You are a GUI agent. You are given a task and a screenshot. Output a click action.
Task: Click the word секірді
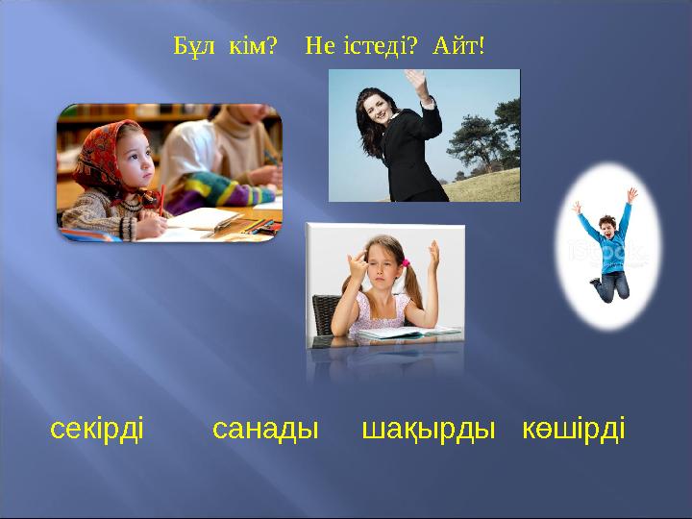pyautogui.click(x=96, y=429)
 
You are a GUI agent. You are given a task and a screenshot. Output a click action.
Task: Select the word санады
pyautogui.click(x=264, y=429)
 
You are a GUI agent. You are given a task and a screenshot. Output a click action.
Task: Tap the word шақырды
pyautogui.click(x=428, y=429)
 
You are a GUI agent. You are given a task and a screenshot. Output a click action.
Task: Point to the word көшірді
pyautogui.click(x=574, y=429)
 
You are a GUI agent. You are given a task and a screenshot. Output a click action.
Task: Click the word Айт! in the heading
pyautogui.click(x=458, y=45)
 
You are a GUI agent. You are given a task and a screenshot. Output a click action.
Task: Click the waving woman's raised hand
pyautogui.click(x=417, y=81)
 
